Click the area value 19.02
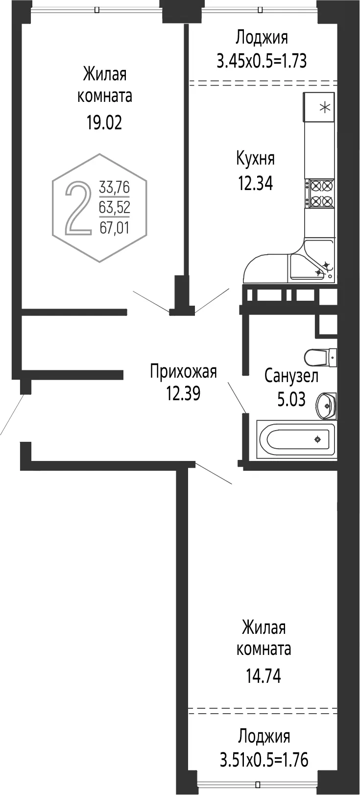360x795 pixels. click(104, 123)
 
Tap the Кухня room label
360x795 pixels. click(255, 159)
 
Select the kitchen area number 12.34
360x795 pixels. click(255, 184)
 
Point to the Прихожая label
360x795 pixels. click(183, 372)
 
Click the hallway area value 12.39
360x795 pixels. click(183, 393)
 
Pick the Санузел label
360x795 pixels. click(291, 376)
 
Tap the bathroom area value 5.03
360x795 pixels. click(291, 399)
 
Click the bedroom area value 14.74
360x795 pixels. click(264, 676)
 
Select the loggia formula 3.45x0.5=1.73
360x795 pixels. click(262, 61)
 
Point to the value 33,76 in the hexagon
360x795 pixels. click(114, 187)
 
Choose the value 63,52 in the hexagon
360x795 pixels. click(114, 207)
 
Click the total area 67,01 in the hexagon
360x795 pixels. click(114, 227)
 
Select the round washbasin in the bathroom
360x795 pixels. click(326, 406)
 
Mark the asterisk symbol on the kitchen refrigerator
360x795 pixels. click(325, 107)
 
